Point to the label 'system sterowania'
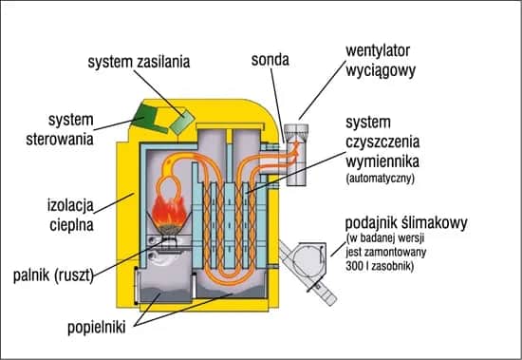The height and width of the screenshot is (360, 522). pos(59,130)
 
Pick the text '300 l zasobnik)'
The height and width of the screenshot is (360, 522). pos(385,267)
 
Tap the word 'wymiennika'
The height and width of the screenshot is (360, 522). pos(383,160)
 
